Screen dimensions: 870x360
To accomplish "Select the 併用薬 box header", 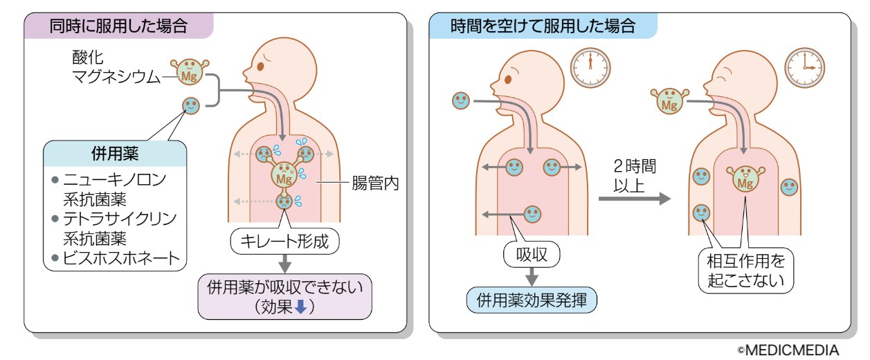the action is coord(115,152).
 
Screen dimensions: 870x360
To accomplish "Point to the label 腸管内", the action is coord(375,183).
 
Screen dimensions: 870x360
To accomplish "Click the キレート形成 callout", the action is coord(285,242).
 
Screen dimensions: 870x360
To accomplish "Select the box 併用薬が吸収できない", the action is coord(284,296).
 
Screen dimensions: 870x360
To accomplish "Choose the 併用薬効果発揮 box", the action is coord(532,300).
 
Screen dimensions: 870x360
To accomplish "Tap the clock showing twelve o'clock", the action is coord(590,67).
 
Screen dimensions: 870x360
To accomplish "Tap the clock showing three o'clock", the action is coord(804,67).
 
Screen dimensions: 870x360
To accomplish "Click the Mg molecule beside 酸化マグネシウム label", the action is coord(188,74).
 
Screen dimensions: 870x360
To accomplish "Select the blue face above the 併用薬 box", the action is coord(191,105).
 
